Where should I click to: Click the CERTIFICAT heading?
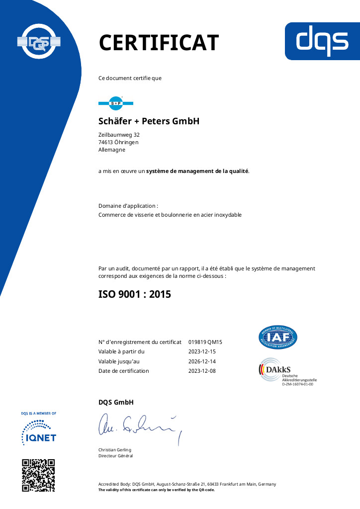[x=159, y=42]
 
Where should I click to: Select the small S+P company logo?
[x=116, y=103]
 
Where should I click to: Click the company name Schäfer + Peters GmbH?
[x=149, y=121]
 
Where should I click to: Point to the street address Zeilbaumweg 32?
[x=119, y=135]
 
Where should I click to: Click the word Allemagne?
[x=112, y=150]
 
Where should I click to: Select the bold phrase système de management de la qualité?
[x=197, y=171]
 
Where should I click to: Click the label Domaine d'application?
[x=128, y=206]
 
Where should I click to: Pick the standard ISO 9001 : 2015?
[x=135, y=294]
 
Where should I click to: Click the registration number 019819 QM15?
[x=205, y=342]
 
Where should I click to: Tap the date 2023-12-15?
[x=202, y=351]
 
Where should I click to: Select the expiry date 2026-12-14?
[x=202, y=361]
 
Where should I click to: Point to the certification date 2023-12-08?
[x=202, y=371]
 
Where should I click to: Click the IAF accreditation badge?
[x=278, y=338]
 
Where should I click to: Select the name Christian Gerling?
[x=115, y=450]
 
